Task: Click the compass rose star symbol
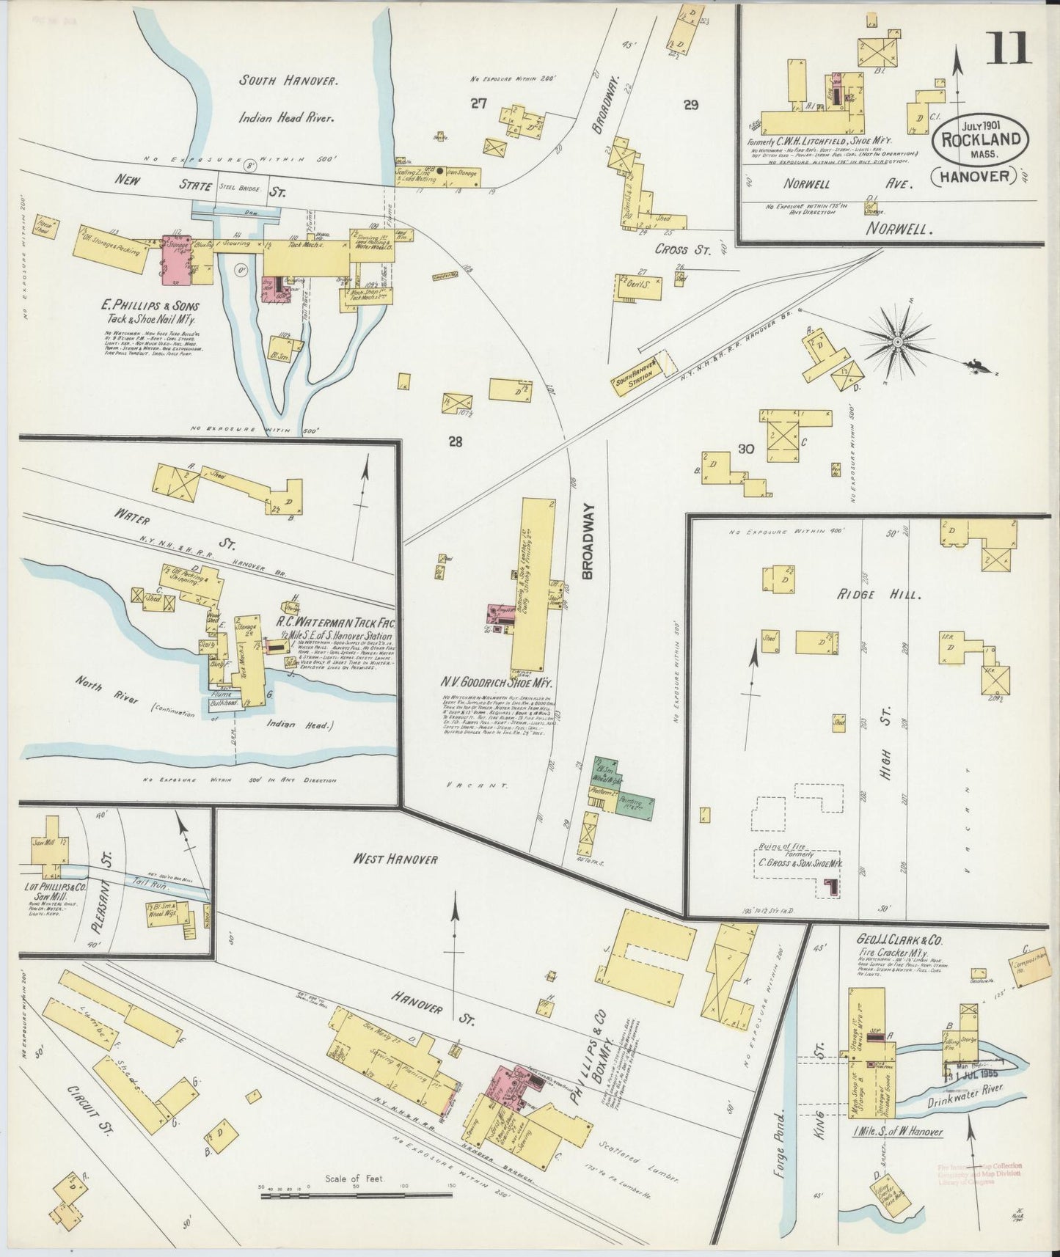pyautogui.click(x=898, y=342)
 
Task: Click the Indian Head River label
pyautogui.click(x=285, y=117)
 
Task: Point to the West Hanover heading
pyautogui.click(x=399, y=859)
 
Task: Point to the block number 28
pyautogui.click(x=456, y=441)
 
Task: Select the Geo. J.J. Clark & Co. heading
pyautogui.click(x=898, y=939)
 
